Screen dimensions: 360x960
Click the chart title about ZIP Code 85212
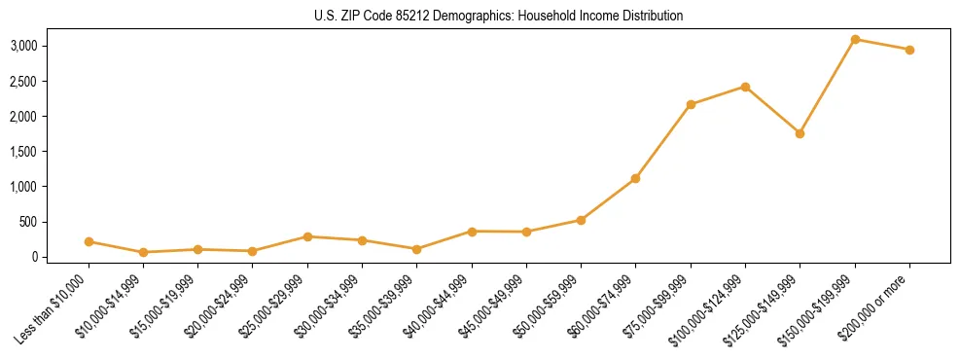[480, 16]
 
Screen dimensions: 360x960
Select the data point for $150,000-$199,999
[855, 39]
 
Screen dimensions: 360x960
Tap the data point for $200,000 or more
[909, 50]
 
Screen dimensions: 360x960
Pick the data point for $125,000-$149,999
[800, 133]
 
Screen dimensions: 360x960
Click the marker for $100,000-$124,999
[745, 87]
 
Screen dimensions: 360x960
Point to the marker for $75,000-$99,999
[691, 104]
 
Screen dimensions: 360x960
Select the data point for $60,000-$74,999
[635, 178]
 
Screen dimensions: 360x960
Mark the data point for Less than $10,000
[89, 241]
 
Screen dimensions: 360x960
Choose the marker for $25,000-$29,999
[307, 236]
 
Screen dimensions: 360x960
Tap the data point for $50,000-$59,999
[581, 220]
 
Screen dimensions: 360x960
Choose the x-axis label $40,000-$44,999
[437, 309]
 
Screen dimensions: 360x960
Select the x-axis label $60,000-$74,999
[601, 309]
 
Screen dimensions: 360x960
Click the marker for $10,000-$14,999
[143, 252]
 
